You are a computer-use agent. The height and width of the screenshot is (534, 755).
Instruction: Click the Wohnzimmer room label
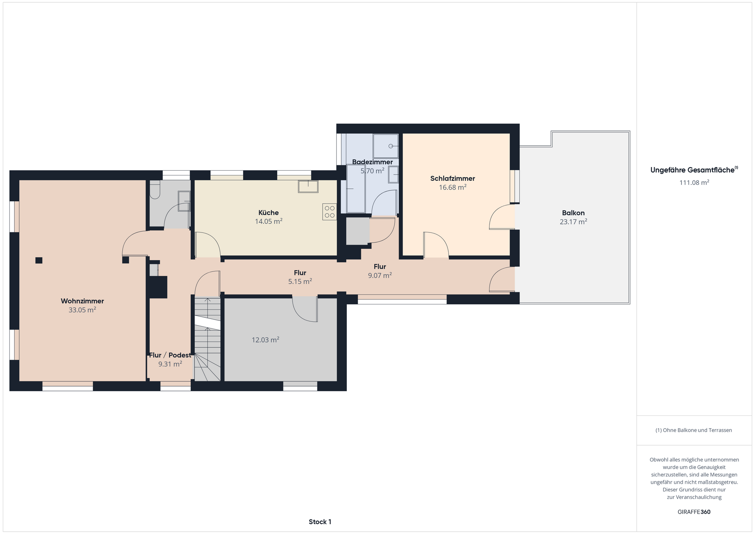82,301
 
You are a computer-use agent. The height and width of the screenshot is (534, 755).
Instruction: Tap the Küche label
269,213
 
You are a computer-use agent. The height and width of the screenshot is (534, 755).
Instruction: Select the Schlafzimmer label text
453,179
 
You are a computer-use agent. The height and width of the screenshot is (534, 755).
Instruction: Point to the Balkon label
573,213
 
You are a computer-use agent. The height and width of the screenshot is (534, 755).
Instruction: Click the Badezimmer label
372,162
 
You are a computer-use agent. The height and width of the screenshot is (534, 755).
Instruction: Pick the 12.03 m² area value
265,340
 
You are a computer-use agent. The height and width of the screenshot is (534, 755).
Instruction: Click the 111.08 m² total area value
694,182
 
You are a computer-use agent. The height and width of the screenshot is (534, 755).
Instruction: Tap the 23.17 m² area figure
573,222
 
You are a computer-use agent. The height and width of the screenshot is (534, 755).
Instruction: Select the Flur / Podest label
170,355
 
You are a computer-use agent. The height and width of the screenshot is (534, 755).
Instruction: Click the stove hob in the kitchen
330,212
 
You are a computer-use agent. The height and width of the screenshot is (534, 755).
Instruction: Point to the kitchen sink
308,186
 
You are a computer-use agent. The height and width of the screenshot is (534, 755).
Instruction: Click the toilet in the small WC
155,189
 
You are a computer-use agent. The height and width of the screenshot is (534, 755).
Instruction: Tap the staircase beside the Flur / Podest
207,339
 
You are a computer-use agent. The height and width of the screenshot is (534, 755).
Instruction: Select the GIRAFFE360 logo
694,512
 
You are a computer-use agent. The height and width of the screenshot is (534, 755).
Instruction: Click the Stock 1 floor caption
320,522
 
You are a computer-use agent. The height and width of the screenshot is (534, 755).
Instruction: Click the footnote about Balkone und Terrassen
694,430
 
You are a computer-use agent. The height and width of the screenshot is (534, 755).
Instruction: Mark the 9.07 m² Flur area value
380,276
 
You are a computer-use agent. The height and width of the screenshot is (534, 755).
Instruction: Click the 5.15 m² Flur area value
300,282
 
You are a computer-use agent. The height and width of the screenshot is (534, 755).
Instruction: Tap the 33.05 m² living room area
82,310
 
